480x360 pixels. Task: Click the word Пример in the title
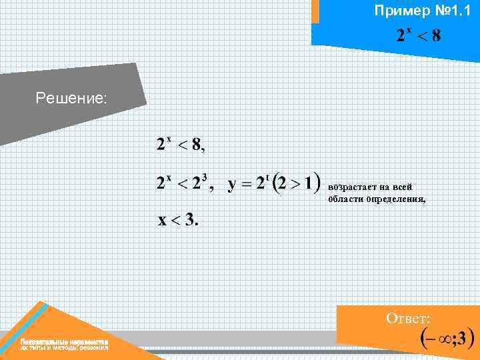coord(397,11)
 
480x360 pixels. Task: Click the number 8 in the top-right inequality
coord(436,35)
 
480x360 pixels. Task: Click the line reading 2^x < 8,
coord(181,144)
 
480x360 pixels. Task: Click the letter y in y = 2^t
coord(233,185)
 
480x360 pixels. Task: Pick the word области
coord(344,199)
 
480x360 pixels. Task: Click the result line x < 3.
coord(178,220)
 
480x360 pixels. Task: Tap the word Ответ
coord(408,318)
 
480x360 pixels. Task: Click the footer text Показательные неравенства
coord(64,341)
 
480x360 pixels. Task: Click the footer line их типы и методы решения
coord(64,348)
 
